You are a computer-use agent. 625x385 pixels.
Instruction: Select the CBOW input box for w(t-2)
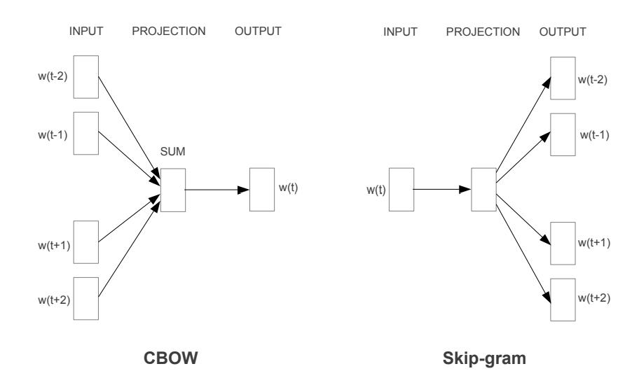coord(85,76)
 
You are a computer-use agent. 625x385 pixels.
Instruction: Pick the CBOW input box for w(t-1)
coord(85,132)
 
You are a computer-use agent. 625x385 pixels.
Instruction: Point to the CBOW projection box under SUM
coord(172,189)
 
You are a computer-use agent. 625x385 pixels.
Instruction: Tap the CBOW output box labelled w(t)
coord(261,189)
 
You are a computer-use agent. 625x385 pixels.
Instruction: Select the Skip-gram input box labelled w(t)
coord(400,189)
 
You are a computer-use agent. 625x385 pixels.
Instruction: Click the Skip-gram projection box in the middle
coord(483,189)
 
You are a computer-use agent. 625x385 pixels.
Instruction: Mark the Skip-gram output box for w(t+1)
coord(563,242)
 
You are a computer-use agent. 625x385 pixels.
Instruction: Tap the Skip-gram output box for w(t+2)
coord(563,298)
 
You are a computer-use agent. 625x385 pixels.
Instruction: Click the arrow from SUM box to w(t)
coord(217,189)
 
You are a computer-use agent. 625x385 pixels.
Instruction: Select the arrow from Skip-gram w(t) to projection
coord(441,189)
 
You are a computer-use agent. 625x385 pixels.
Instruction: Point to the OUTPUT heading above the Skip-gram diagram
coord(561,31)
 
